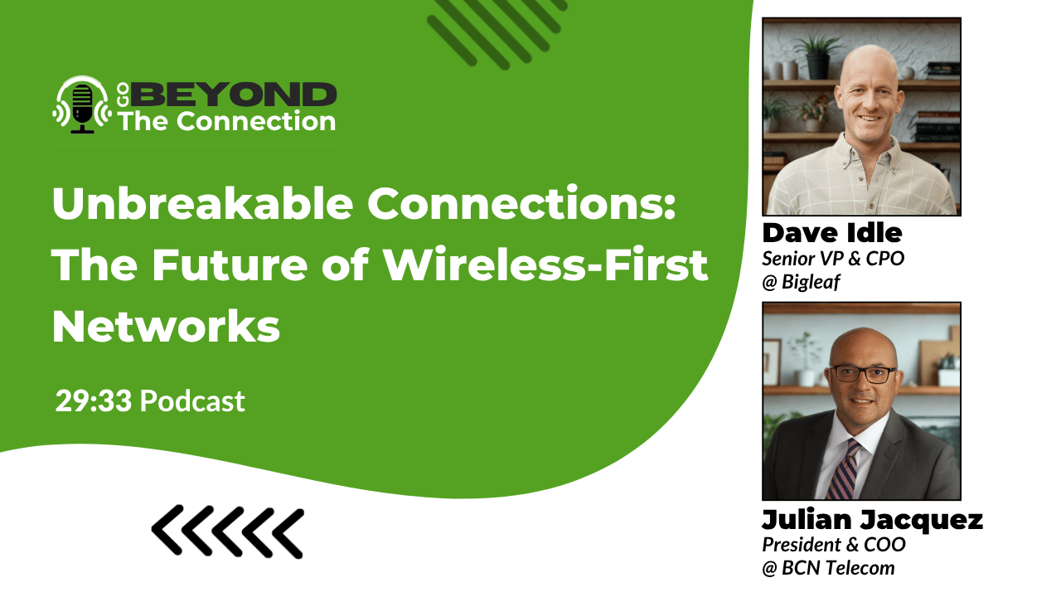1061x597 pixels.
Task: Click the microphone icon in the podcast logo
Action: pos(81,106)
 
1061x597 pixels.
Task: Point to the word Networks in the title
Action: pos(166,327)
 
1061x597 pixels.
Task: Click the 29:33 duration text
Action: pos(94,401)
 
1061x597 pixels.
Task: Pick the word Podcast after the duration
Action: pos(192,401)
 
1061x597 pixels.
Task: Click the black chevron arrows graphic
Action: pos(227,531)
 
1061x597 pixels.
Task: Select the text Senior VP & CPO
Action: pos(833,258)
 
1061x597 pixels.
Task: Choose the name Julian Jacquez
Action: pos(872,521)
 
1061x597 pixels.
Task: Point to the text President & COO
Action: pos(834,545)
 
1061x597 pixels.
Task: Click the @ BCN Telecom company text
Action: pos(828,567)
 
